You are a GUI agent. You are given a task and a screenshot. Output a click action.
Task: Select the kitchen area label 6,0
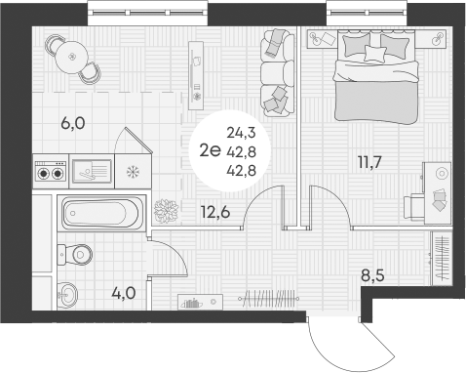pos(72,124)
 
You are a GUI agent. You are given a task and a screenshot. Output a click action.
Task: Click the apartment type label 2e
pos(207,149)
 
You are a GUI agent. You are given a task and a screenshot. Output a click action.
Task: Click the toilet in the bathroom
pos(76,254)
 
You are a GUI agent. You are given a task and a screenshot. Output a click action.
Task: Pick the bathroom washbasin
pos(66,292)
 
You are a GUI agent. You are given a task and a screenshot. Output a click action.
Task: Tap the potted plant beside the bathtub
pos(165,209)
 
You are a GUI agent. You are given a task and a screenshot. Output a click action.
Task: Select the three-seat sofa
pos(277,70)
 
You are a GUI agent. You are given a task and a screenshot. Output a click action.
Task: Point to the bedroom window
pos(366,13)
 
